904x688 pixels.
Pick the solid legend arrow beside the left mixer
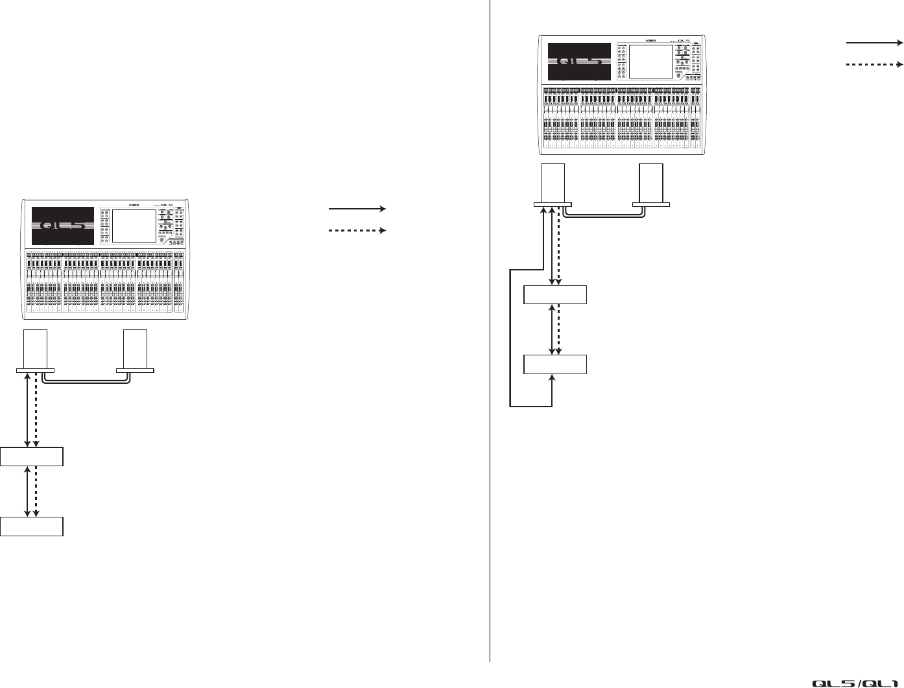[x=357, y=209]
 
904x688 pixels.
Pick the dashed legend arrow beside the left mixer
[x=357, y=230]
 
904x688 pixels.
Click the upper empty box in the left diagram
[x=32, y=457]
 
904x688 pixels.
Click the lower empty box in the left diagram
[x=32, y=526]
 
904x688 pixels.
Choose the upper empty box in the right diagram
[x=555, y=294]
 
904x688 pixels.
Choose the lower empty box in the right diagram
[x=555, y=364]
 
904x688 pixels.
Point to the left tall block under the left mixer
[x=35, y=348]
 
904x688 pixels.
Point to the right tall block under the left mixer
[x=135, y=348]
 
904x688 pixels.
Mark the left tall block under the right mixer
[x=553, y=184]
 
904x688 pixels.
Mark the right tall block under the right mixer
[x=651, y=184]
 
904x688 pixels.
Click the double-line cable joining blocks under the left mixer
[x=84, y=383]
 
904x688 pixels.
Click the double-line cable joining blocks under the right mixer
[x=603, y=219]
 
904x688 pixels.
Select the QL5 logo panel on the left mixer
[x=62, y=226]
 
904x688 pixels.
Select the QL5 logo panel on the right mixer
[x=579, y=61]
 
